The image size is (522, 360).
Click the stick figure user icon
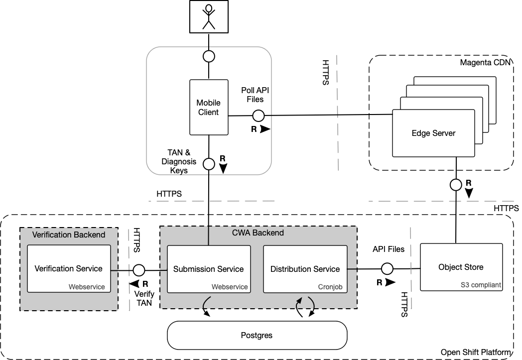pyautogui.click(x=209, y=17)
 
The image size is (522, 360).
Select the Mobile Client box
pyautogui.click(x=209, y=108)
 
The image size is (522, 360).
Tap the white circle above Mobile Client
pyautogui.click(x=209, y=56)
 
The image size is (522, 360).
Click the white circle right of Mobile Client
pyautogui.click(x=258, y=116)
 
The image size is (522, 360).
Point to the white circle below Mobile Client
pyautogui.click(x=209, y=164)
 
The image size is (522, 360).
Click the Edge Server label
pyautogui.click(x=433, y=133)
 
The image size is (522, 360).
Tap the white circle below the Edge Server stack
pyautogui.click(x=456, y=185)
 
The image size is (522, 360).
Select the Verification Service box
pyautogui.click(x=69, y=268)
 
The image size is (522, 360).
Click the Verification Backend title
pyautogui.click(x=69, y=235)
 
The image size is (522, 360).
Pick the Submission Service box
pyautogui.click(x=208, y=269)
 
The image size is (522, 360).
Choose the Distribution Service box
pyautogui.click(x=305, y=269)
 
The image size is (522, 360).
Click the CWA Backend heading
pyautogui.click(x=258, y=233)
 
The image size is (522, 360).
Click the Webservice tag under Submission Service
pyautogui.click(x=230, y=287)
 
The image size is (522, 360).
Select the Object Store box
pyautogui.click(x=461, y=267)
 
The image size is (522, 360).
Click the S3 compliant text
pyautogui.click(x=481, y=285)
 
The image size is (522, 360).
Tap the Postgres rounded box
pyautogui.click(x=257, y=335)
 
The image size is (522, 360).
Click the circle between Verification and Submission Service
pyautogui.click(x=139, y=270)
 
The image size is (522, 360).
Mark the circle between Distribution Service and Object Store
pyautogui.click(x=387, y=269)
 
